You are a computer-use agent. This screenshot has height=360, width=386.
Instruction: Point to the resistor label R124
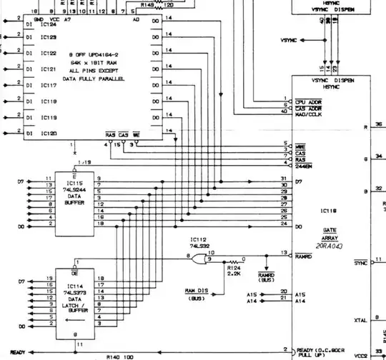(233, 267)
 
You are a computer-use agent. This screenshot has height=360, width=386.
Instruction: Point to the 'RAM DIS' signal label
(196, 291)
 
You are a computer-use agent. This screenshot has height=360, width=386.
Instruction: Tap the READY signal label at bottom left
(17, 352)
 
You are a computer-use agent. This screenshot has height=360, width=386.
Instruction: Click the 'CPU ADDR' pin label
(308, 102)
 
